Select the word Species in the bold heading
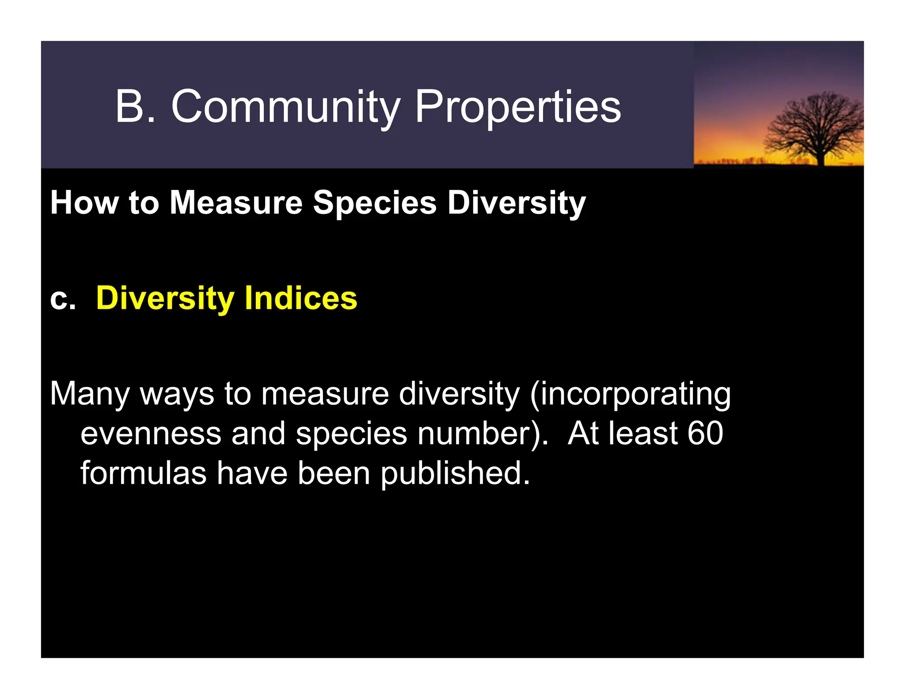point(375,203)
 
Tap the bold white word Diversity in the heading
point(516,203)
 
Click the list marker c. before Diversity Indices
point(62,299)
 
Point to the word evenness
point(151,433)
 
